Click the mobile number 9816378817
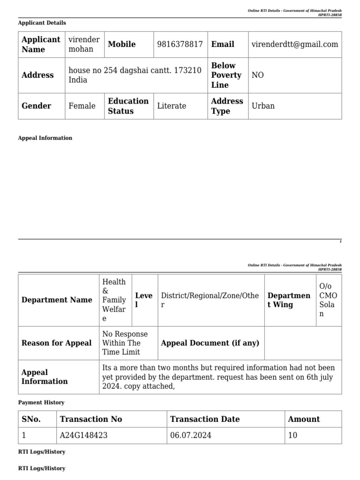tap(180, 44)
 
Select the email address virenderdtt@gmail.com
tap(294, 44)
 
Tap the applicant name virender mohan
tap(84, 44)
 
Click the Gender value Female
tap(82, 106)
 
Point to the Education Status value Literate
tap(172, 106)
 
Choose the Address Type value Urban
tap(263, 106)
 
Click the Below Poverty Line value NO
tap(258, 75)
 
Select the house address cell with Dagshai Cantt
tap(135, 75)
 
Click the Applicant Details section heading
tap(42, 22)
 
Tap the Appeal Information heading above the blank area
tap(45, 138)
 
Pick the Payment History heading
tap(41, 403)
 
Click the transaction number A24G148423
tap(84, 435)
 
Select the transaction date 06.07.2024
tap(191, 435)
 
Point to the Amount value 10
tap(292, 435)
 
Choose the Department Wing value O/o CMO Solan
tap(328, 300)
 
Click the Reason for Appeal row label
tap(57, 343)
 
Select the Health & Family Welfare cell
tap(114, 300)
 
